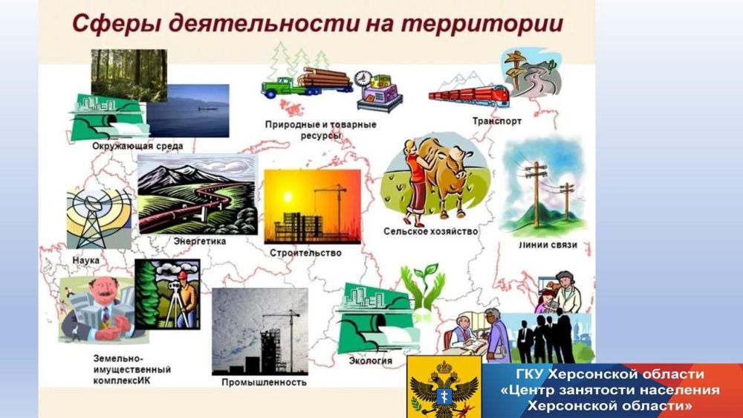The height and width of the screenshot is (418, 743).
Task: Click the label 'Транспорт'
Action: pos(496,121)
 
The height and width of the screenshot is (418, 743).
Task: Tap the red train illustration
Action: pos(469,95)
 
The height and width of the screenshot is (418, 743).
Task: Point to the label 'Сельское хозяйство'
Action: pos(430,231)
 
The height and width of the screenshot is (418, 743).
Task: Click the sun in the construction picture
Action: pos(287,196)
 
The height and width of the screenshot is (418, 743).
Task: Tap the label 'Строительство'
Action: pos(305,253)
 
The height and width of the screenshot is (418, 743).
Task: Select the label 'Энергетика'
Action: pos(199,241)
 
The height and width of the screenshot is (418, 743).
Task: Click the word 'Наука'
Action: pos(85,260)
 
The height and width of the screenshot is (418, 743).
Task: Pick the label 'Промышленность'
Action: pos(264,382)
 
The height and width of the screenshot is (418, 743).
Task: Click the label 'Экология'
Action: pos(371,361)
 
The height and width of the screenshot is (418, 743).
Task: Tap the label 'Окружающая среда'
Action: pos(137,146)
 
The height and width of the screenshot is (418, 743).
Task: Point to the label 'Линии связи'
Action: pos(548,245)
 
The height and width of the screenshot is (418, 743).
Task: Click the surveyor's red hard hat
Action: pos(183,275)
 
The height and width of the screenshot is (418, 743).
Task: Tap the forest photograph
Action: pos(129,75)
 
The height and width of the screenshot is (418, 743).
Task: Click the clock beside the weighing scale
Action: pos(363,80)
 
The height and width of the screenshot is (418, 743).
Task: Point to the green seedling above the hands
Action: pos(429,272)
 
